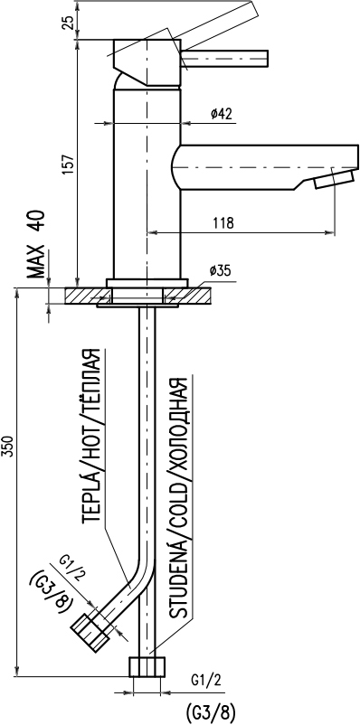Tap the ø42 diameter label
pos(222,114)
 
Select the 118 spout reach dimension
pos(224,223)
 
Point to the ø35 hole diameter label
pos(221,271)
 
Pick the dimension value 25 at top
pos(68,22)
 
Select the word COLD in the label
pos(178,508)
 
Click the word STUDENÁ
pos(178,579)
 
